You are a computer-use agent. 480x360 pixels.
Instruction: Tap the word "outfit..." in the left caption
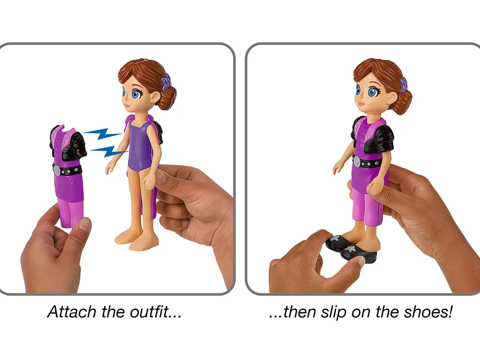pos(156,312)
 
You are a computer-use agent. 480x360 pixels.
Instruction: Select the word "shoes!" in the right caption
pos(428,312)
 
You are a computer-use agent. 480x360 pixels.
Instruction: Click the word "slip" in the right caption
pos(334,313)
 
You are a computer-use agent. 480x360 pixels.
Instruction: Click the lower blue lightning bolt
pos(109,151)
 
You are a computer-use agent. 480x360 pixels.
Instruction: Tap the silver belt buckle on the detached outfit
pos(57,171)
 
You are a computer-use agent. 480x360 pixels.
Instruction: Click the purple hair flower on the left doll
pos(166,82)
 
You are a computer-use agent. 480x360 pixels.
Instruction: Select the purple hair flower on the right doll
pos(403,85)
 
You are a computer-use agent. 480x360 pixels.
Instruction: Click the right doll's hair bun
pos(404,102)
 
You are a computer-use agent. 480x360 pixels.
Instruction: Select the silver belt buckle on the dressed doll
pos(357,162)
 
